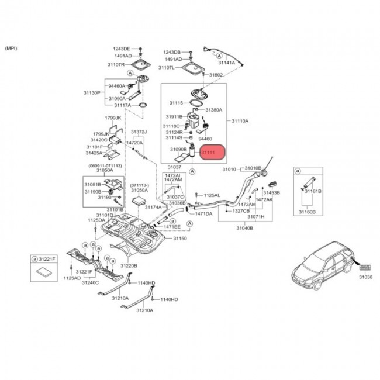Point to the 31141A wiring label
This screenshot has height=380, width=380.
pyautogui.click(x=226, y=62)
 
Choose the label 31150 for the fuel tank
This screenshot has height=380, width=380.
pyautogui.click(x=179, y=239)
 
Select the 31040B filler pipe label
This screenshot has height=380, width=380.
pyautogui.click(x=244, y=228)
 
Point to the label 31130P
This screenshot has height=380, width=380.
pyautogui.click(x=91, y=93)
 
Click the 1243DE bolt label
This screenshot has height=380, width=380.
pyautogui.click(x=122, y=49)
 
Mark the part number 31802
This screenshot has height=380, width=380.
pyautogui.click(x=216, y=75)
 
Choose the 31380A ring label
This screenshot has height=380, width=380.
pyautogui.click(x=214, y=109)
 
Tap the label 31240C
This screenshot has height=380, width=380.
pyautogui.click(x=91, y=282)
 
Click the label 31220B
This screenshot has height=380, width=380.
pyautogui.click(x=129, y=265)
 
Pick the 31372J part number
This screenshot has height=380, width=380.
pyautogui.click(x=139, y=132)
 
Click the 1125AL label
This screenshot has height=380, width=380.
pyautogui.click(x=212, y=195)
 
